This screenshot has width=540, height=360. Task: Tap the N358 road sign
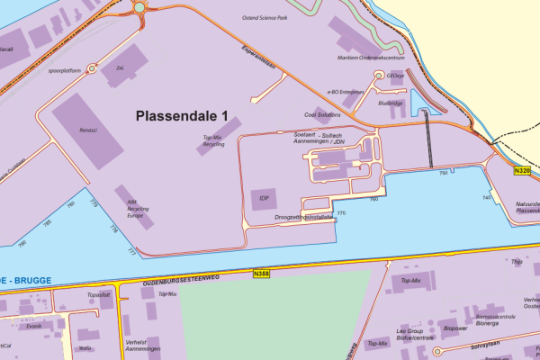pyautogui.click(x=262, y=274)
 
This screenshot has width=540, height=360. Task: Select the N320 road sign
pyautogui.click(x=522, y=170)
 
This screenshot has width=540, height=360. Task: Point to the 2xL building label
pyautogui.click(x=120, y=67)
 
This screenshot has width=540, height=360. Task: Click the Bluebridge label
pyautogui.click(x=391, y=103)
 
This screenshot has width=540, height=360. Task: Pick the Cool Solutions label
pyautogui.click(x=322, y=115)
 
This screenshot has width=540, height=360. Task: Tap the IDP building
pyautogui.click(x=264, y=198)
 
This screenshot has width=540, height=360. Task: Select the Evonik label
pyautogui.click(x=34, y=327)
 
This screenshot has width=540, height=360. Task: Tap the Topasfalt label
pyautogui.click(x=98, y=294)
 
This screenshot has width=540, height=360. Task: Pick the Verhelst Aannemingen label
pyautogui.click(x=142, y=346)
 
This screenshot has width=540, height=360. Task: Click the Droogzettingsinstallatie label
pyautogui.click(x=303, y=217)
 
